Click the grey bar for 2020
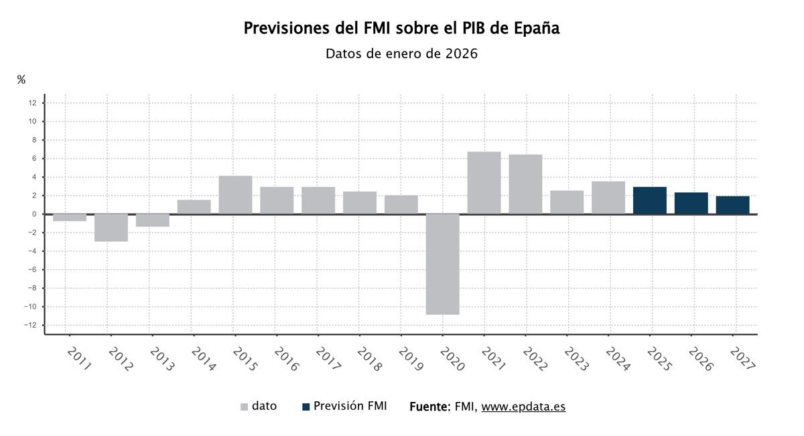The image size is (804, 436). coord(442,264)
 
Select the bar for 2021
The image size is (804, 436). coord(484,183)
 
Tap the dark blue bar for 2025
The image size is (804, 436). coord(649,200)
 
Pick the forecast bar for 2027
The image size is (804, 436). coord(732,205)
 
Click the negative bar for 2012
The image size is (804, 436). coord(111,228)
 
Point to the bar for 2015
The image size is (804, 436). coord(235,195)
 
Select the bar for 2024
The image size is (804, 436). coord(608,198)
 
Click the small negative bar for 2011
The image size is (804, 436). coord(70,218)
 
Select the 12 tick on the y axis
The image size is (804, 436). coord(32,103)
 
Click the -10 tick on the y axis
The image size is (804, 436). coord(30,307)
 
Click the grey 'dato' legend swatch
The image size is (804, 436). coord(244,407)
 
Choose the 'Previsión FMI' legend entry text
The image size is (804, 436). coord(350,406)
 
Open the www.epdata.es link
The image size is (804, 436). coord(523,407)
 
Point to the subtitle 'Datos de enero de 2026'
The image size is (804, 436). coord(401,54)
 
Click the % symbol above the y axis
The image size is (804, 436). coord(21,80)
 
